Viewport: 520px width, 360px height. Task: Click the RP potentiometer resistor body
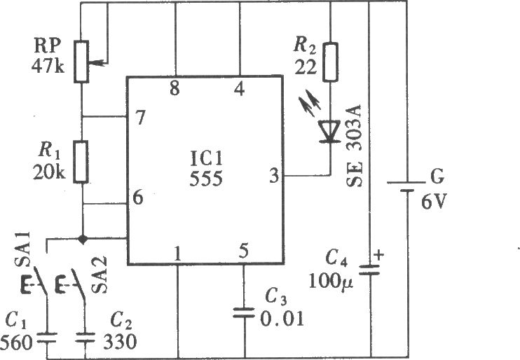(x=81, y=62)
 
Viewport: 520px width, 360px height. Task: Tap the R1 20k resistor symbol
(x=81, y=162)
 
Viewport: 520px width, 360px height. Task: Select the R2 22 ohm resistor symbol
(x=330, y=62)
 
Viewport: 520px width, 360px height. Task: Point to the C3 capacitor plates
(x=244, y=313)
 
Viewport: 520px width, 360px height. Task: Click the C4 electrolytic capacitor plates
(x=370, y=270)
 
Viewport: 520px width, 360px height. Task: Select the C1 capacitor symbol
(x=47, y=338)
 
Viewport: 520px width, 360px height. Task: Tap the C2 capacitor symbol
(x=85, y=338)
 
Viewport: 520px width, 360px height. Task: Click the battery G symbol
(x=406, y=186)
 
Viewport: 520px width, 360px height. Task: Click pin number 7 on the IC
(x=141, y=118)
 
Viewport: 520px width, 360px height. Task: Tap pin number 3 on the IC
(x=274, y=176)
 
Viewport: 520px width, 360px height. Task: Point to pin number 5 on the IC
(x=243, y=251)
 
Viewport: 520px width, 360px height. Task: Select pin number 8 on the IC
(x=175, y=88)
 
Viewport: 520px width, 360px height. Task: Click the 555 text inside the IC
(x=206, y=179)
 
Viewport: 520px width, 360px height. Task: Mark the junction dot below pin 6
(x=82, y=239)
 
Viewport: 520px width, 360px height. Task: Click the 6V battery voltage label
(x=434, y=201)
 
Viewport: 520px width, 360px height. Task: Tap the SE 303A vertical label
(x=354, y=146)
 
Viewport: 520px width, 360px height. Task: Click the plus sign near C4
(x=378, y=255)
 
